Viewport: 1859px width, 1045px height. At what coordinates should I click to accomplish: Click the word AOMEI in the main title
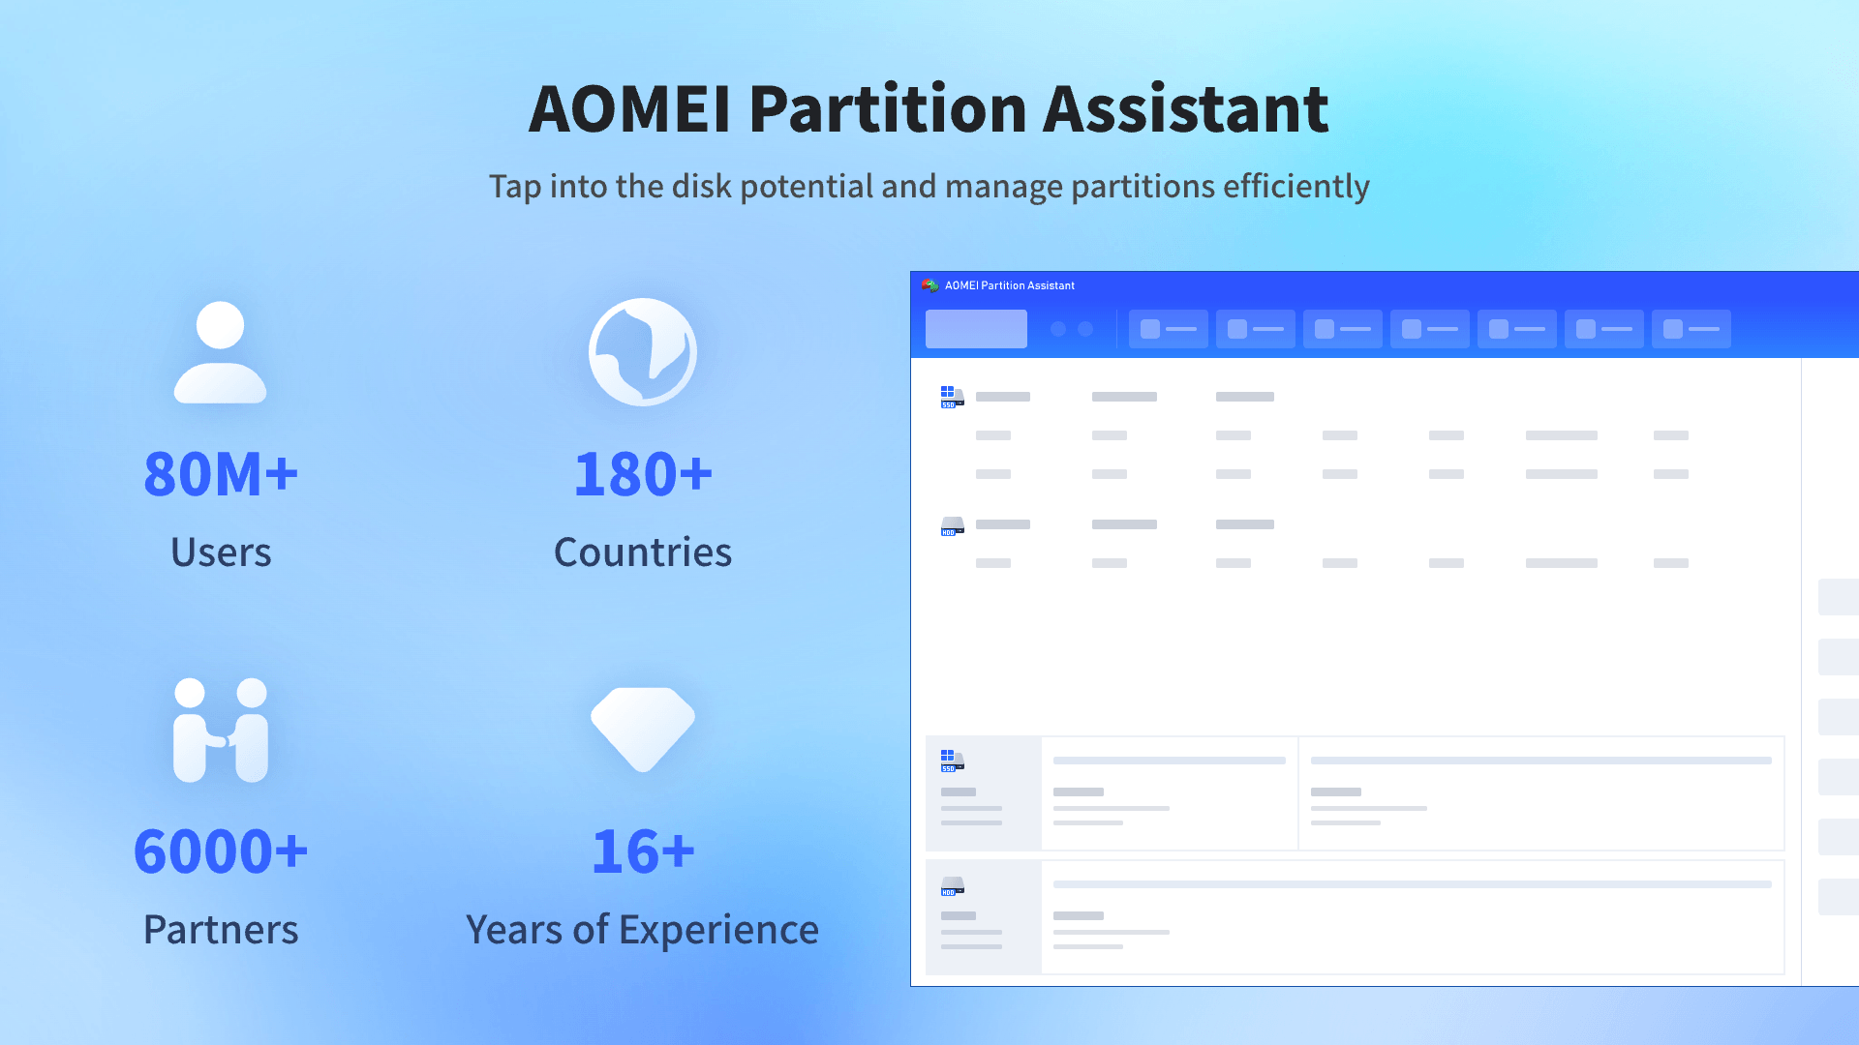coord(629,108)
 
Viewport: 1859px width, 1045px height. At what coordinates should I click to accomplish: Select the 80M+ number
coord(221,474)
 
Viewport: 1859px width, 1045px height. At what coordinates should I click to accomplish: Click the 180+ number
coord(643,474)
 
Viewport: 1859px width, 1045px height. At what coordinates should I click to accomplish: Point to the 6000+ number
coord(221,851)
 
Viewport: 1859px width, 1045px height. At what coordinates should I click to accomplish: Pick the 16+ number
coord(643,851)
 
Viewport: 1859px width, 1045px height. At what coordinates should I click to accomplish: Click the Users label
coord(221,552)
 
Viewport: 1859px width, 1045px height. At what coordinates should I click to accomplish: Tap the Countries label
coord(643,552)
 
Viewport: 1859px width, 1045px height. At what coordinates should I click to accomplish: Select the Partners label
coord(221,929)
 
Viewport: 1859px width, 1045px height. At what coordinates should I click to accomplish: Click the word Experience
coord(718,929)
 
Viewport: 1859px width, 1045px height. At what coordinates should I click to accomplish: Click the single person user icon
coord(220,352)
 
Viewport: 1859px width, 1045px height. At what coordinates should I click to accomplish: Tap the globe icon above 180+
coord(643,352)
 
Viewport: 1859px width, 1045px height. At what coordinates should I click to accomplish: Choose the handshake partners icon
coord(221,730)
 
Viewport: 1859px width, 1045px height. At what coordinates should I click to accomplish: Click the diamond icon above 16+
coord(643,728)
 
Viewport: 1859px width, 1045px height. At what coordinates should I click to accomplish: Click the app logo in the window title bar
coord(929,285)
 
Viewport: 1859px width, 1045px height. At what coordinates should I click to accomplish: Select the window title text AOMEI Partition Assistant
coord(1010,285)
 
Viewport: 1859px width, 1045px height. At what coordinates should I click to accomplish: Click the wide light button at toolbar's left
coord(976,329)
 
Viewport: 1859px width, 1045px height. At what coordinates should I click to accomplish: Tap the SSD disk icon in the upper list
coord(952,397)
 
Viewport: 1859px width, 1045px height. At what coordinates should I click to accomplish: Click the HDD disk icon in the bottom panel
coord(952,886)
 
